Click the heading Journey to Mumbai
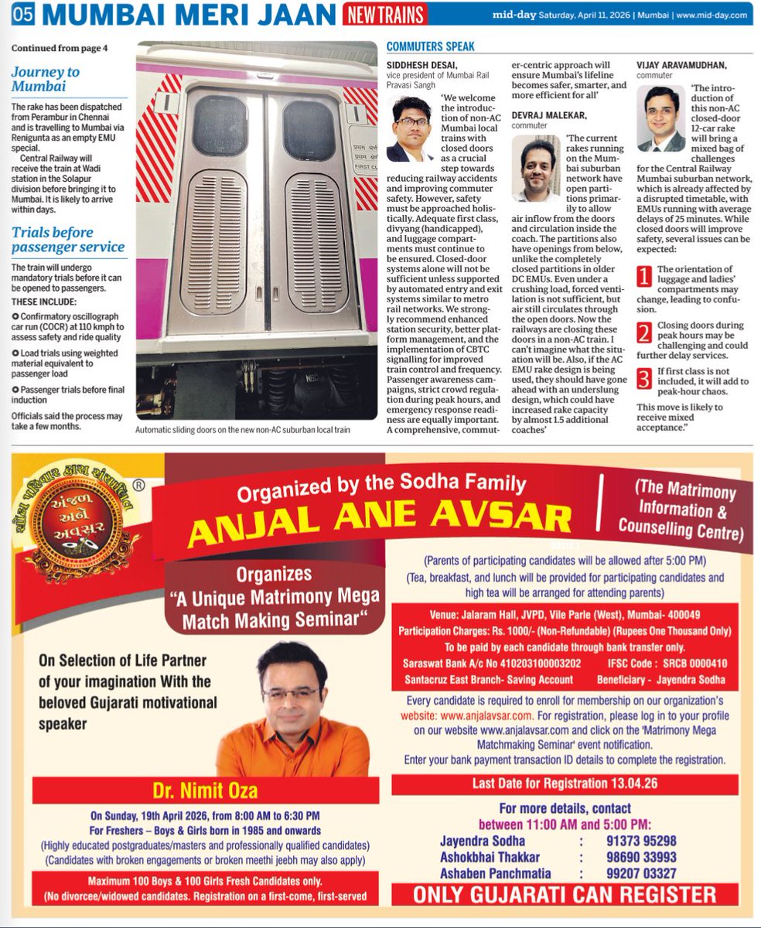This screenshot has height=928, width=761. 45,78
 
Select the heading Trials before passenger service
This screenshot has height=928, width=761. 67,239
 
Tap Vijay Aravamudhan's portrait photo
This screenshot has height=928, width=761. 661,118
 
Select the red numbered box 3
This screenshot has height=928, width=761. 644,379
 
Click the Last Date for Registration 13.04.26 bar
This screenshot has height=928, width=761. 565,783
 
